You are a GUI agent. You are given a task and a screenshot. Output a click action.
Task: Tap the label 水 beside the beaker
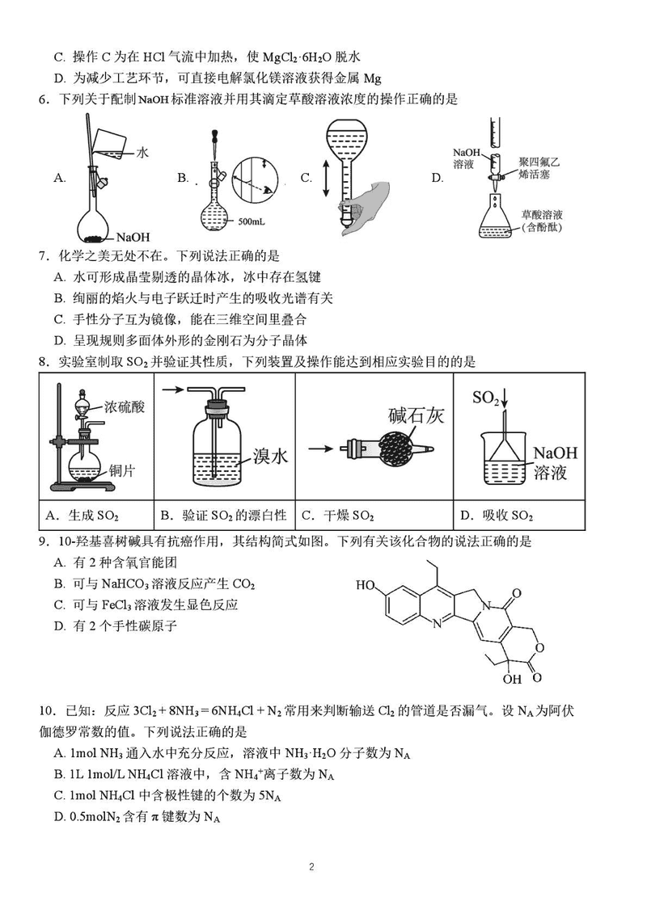142,151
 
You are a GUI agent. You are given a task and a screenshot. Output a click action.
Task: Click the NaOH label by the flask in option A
133,237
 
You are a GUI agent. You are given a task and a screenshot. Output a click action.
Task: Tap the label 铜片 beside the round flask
121,463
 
